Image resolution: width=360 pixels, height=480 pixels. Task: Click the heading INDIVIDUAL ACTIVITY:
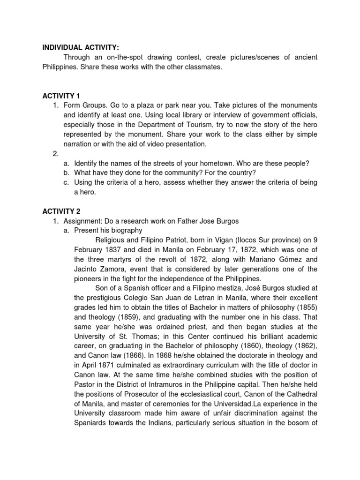click(81, 47)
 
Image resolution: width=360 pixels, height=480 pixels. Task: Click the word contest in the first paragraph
click(187, 57)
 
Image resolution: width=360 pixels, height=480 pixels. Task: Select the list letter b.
click(66, 172)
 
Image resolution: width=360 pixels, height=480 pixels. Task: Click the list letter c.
click(66, 182)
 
